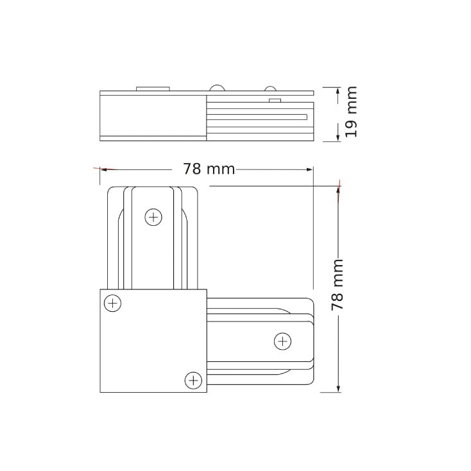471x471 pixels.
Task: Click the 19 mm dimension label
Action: tap(350, 112)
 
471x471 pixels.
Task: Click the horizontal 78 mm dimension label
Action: tap(209, 169)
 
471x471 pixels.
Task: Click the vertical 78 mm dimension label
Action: tap(337, 285)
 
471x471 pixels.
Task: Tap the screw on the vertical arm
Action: tap(153, 217)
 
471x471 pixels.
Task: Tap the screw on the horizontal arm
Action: tap(282, 341)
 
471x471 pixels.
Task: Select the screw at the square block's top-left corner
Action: tap(113, 304)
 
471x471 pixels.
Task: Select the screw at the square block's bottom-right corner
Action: tap(193, 381)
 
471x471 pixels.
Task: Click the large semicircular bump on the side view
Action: tap(217, 88)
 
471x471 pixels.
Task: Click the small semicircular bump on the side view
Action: tap(270, 89)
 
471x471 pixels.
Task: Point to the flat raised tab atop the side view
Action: tap(153, 89)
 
